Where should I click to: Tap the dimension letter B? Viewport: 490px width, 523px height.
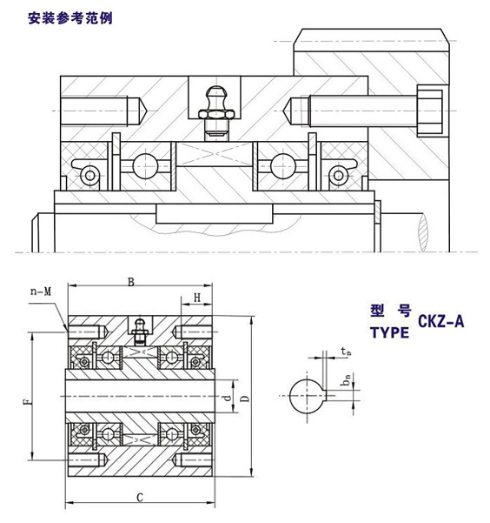[x=131, y=281]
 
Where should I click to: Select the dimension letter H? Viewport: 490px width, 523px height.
[x=196, y=298]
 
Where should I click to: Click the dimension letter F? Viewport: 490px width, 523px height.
[x=25, y=401]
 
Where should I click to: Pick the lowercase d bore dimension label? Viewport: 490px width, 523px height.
[x=226, y=398]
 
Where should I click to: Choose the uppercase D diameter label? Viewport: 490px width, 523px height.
[x=244, y=399]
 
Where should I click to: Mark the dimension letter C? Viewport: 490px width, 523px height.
[x=139, y=497]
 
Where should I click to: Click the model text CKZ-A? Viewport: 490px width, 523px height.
[x=441, y=321]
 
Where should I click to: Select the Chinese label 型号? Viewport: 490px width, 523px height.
[x=389, y=312]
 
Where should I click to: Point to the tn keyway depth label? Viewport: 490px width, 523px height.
[x=346, y=352]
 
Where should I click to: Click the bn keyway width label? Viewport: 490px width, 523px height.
[x=345, y=379]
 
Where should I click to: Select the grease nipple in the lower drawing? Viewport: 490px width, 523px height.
[x=136, y=331]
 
